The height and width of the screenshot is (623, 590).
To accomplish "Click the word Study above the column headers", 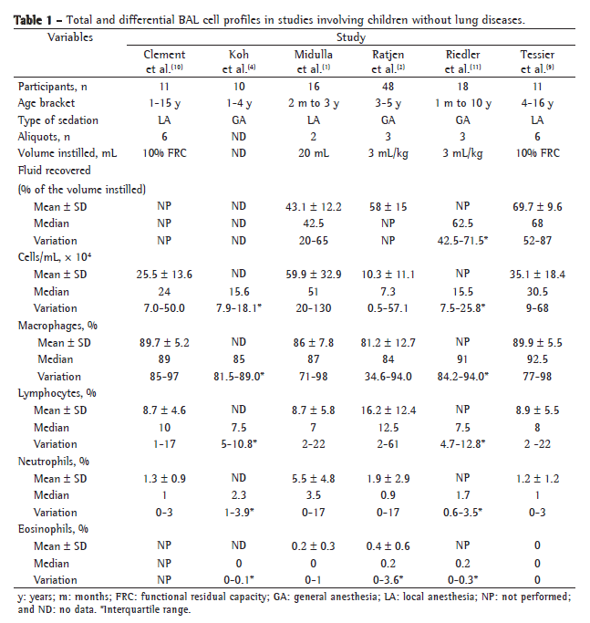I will pyautogui.click(x=357, y=38).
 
